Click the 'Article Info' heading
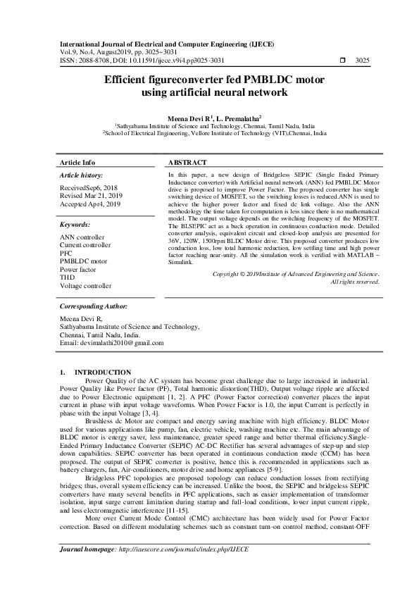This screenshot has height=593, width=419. pos(78,161)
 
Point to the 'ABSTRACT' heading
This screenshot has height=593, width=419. pos(187,161)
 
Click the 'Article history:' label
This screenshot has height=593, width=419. pos(82,175)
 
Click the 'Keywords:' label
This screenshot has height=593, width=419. pos(75,225)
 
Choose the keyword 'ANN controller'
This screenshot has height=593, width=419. pos(82,237)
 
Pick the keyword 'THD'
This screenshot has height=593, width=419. pos(68,277)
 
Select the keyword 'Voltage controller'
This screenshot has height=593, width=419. pos(86,286)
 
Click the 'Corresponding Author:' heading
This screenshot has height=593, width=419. pos(93,327)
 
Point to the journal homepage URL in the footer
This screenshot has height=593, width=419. pos(184,568)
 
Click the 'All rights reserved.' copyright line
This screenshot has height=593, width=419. pos(355,301)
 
